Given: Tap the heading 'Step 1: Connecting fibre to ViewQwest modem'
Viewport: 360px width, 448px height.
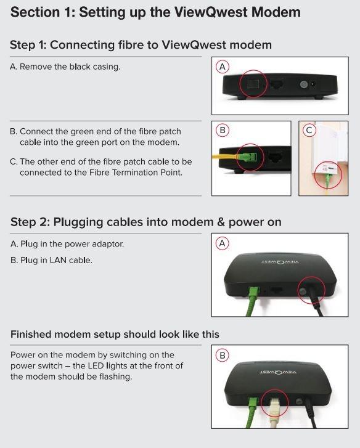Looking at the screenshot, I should [141, 45].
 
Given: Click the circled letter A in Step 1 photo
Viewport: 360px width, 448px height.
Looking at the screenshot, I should [223, 66].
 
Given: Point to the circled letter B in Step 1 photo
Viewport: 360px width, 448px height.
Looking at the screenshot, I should [223, 130].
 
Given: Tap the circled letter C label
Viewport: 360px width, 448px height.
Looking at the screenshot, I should [310, 130].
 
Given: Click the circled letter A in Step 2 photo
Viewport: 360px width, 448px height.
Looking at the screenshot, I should [223, 243].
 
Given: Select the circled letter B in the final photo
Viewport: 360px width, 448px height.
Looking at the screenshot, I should [223, 356].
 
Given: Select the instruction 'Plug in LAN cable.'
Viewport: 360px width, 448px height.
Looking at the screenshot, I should [51, 260].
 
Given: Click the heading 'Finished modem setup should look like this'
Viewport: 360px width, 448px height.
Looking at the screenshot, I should [115, 334].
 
